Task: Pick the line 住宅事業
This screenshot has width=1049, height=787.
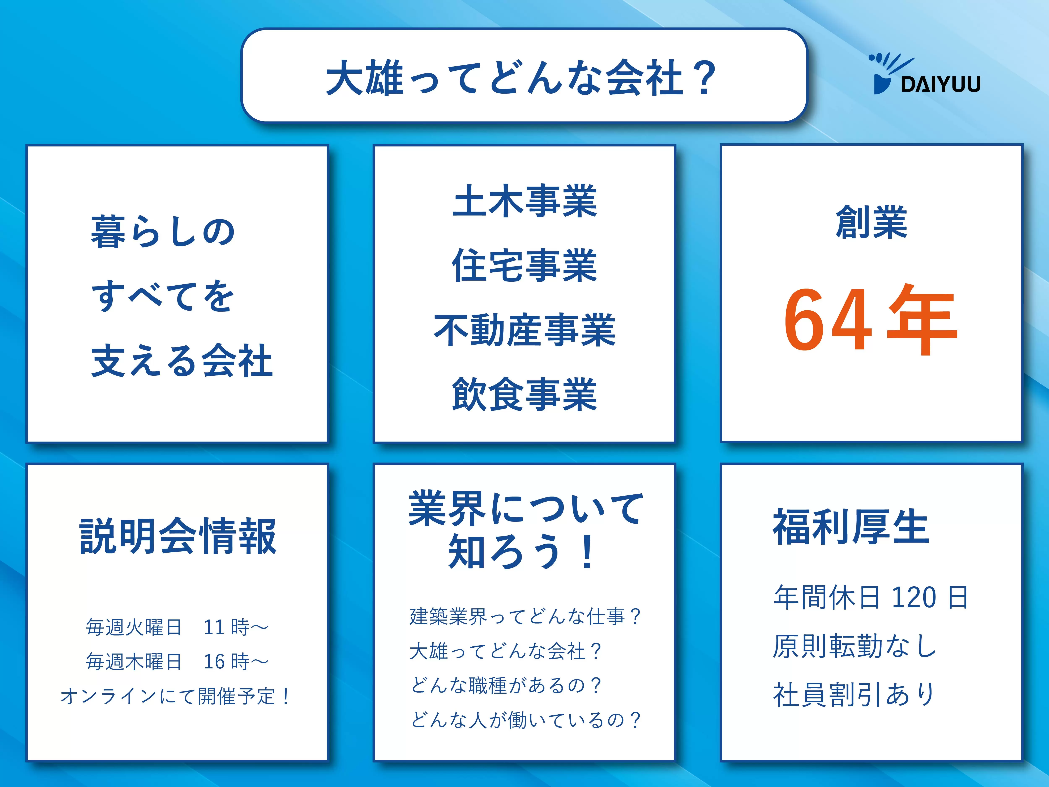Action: (x=524, y=266)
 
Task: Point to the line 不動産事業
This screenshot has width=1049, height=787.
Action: (x=524, y=330)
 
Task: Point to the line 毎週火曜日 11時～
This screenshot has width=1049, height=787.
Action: (x=177, y=627)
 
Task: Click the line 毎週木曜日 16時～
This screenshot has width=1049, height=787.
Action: (x=177, y=661)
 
